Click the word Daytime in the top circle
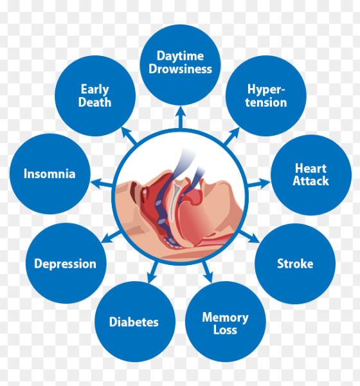180,57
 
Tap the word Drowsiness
180,69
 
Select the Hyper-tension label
266,96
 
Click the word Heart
310,169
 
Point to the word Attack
310,181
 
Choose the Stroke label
295,264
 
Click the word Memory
225,318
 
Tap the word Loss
225,330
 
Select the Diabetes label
134,322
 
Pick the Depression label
65,264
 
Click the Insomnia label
50,174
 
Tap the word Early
94,89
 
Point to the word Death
94,102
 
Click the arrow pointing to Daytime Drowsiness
181,117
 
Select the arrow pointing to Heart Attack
259,183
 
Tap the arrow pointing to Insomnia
102,183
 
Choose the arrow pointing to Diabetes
152,272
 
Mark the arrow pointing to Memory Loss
208,272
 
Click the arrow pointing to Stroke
249,236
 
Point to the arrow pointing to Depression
111,237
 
